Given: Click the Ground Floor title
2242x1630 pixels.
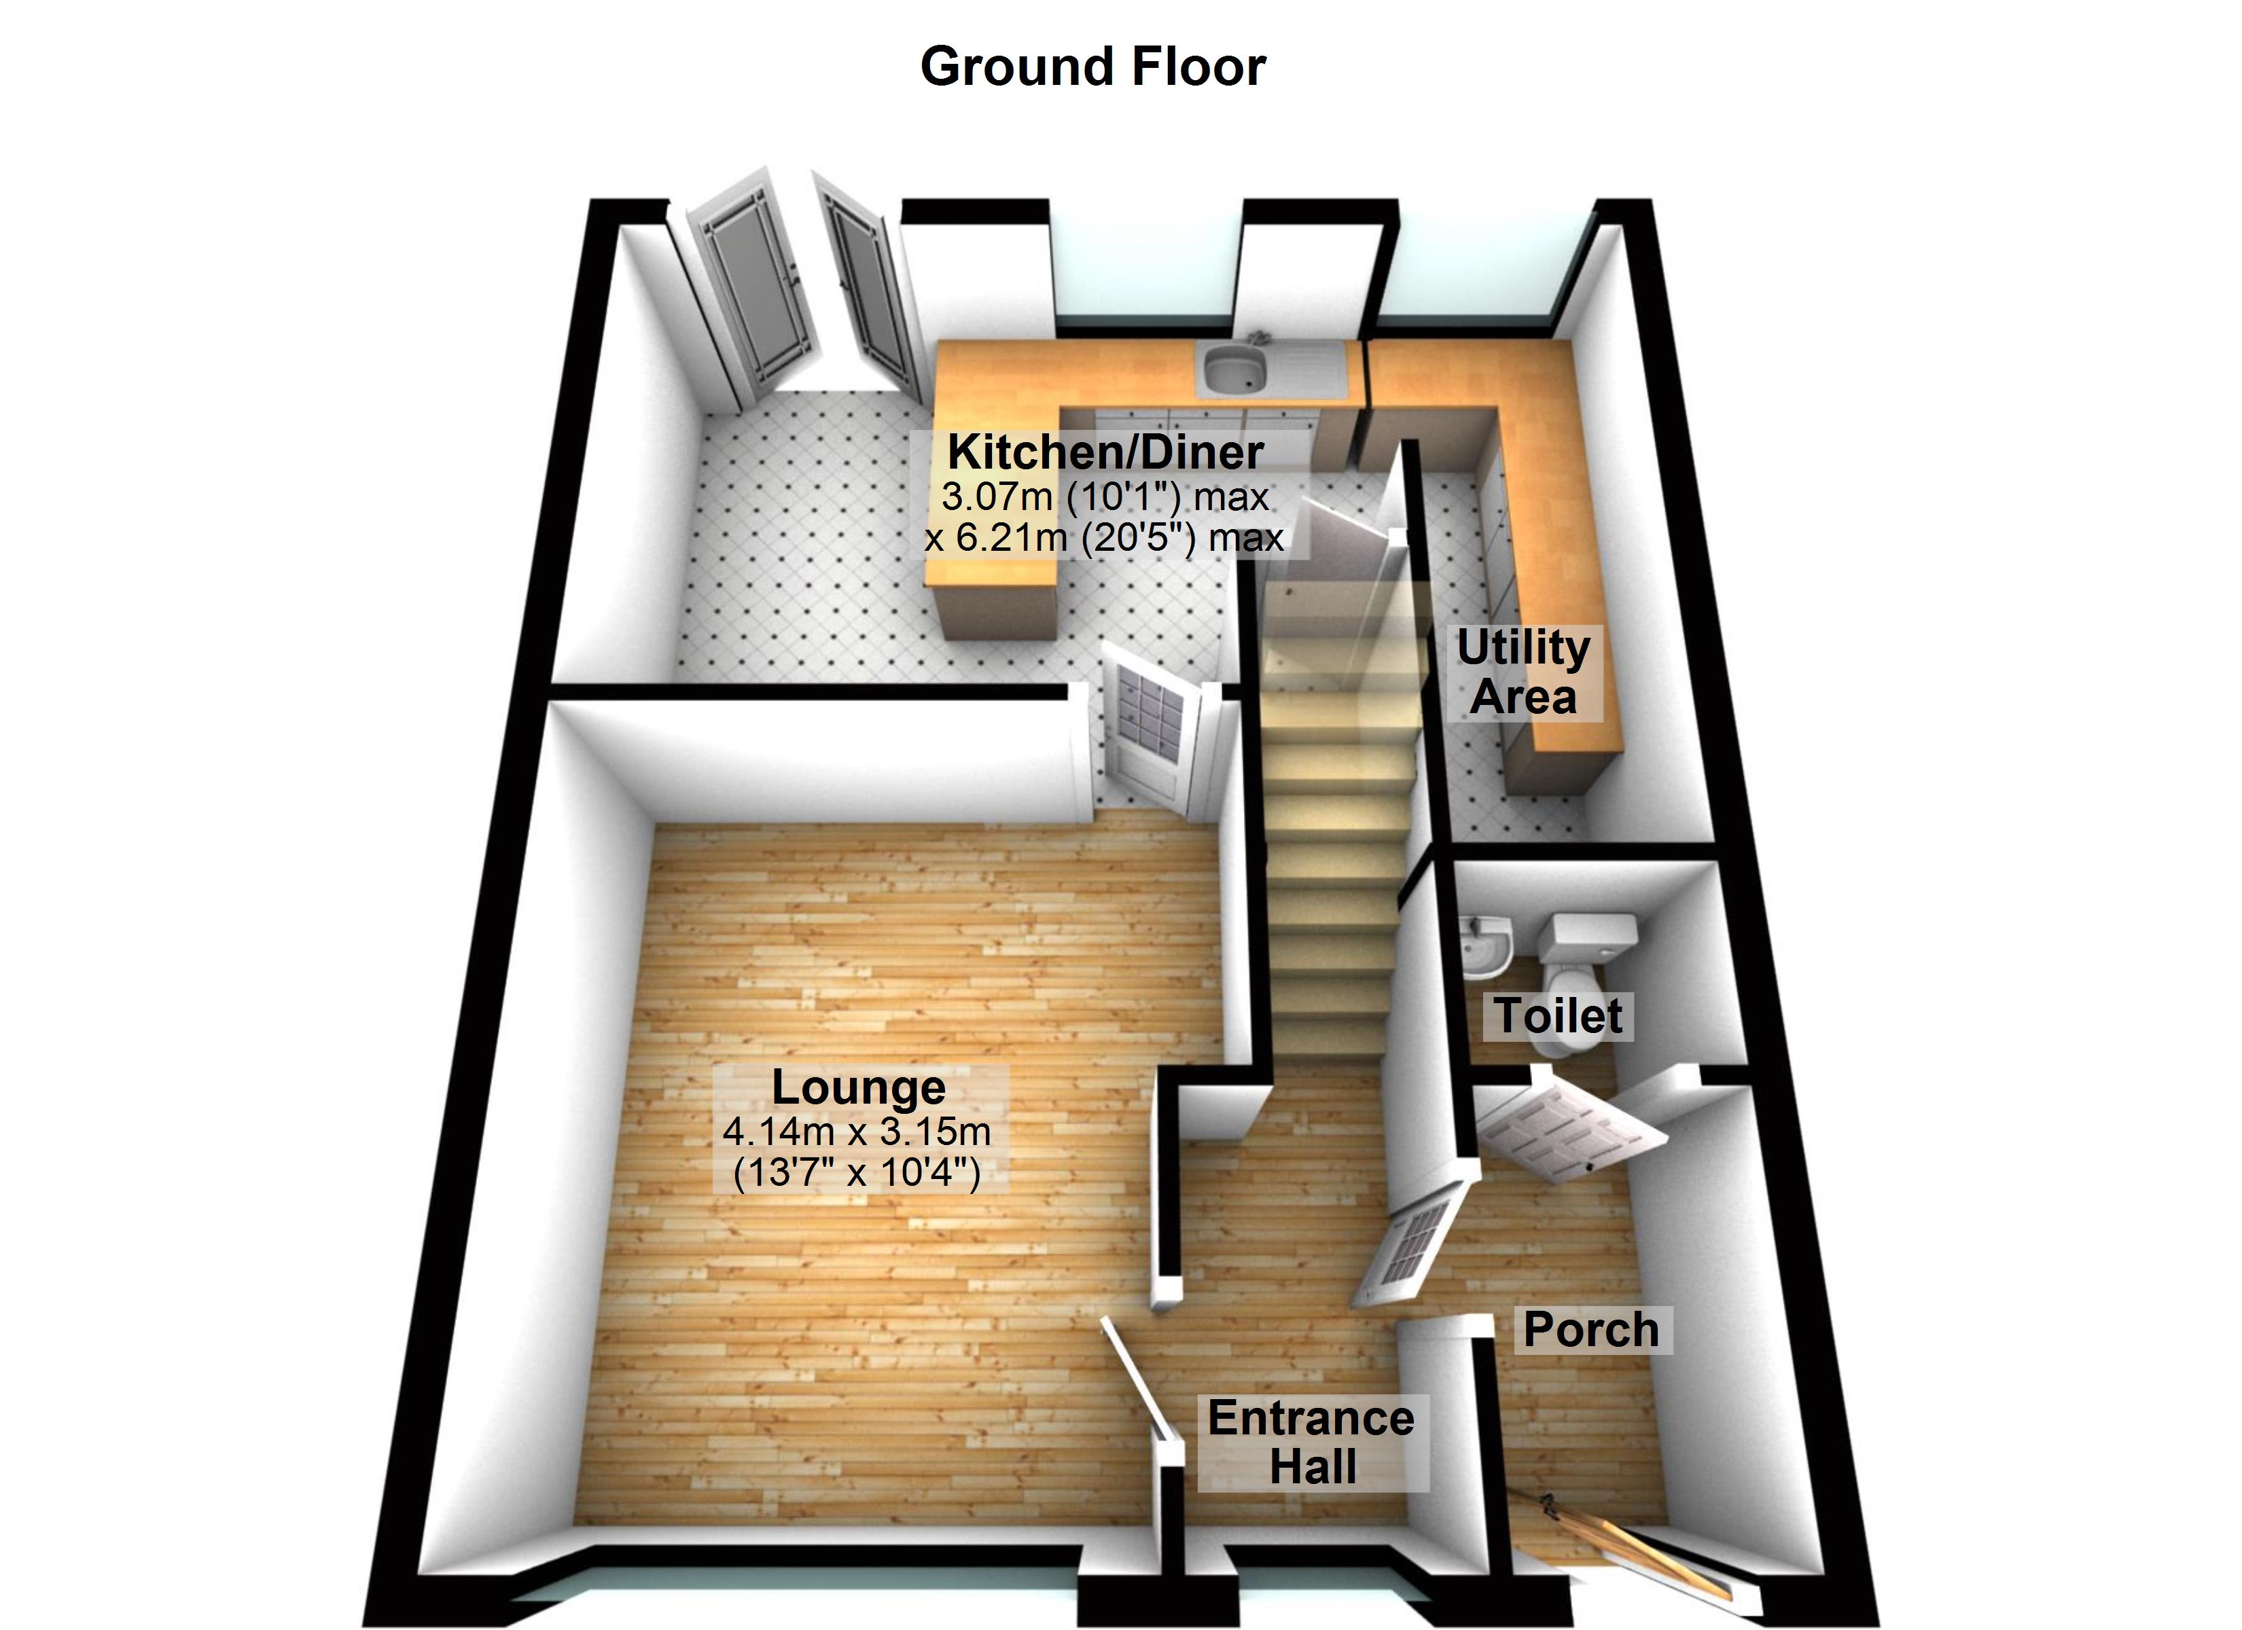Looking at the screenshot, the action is click(x=1092, y=67).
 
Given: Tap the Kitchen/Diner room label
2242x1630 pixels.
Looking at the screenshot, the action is click(x=1105, y=453).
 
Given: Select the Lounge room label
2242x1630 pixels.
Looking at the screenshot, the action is click(x=858, y=1087).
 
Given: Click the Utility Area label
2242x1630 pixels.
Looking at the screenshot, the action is click(x=1523, y=672).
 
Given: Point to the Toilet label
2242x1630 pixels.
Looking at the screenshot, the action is click(x=1558, y=1016).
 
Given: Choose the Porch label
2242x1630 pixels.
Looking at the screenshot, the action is click(x=1590, y=1330).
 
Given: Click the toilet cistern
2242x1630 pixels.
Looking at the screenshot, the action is click(x=1592, y=931).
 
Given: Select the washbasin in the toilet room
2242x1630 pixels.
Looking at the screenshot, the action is click(x=1484, y=940).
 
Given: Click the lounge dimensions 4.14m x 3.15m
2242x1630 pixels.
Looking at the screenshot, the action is click(x=856, y=1131).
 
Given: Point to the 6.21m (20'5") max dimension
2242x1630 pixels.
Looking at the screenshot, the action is click(x=1103, y=539).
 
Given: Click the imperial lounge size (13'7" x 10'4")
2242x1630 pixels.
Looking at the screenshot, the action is click(x=856, y=1174).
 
